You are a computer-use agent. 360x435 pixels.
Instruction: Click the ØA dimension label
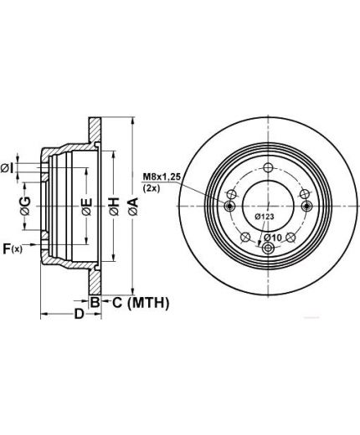pyautogui.click(x=134, y=207)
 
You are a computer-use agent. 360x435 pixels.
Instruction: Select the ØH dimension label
pyautogui.click(x=115, y=207)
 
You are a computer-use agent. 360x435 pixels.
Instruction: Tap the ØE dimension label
pyautogui.click(x=87, y=207)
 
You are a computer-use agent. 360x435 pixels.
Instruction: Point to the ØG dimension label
pyautogui.click(x=25, y=206)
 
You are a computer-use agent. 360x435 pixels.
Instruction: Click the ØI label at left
pyautogui.click(x=7, y=169)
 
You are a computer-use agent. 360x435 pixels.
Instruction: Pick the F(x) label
pyautogui.click(x=13, y=248)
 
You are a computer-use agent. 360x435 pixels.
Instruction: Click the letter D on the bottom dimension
pyautogui.click(x=79, y=314)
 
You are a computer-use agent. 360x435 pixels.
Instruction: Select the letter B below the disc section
pyautogui.click(x=95, y=302)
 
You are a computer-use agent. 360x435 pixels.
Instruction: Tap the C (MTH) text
pyautogui.click(x=141, y=303)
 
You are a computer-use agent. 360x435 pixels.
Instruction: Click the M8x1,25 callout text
pyautogui.click(x=162, y=177)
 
